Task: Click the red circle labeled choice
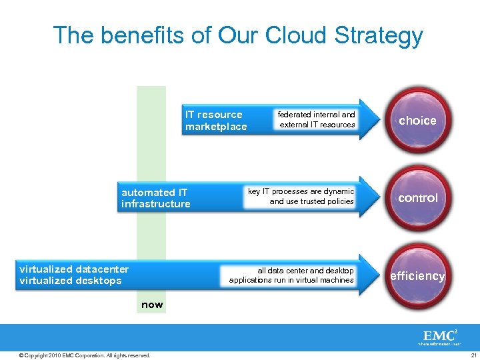tap(417, 121)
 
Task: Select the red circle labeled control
tap(417, 198)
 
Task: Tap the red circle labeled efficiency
tap(417, 276)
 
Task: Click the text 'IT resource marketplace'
tap(216, 121)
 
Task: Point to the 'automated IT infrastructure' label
tap(155, 198)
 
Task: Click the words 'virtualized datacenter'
tap(74, 269)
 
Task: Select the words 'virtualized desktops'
tap(71, 281)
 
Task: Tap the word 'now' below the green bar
tap(151, 305)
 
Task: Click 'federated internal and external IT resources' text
tap(317, 119)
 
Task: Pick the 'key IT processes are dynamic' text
tap(301, 191)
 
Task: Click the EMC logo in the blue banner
tap(439, 337)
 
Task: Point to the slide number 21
tap(473, 355)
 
